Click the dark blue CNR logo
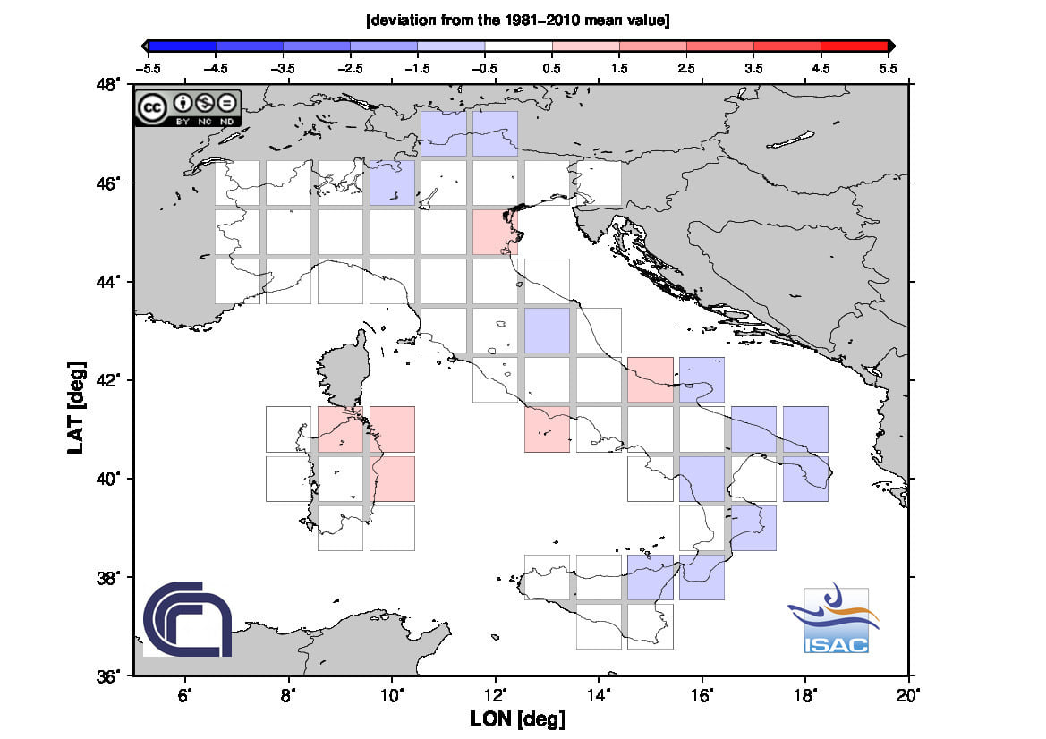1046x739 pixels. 187,618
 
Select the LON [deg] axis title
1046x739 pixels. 517,718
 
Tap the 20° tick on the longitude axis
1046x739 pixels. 908,692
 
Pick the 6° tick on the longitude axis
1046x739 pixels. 185,692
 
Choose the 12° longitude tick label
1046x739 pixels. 495,692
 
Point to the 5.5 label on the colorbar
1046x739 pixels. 887,66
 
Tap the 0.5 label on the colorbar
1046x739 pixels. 552,66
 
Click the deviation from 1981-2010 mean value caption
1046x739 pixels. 518,20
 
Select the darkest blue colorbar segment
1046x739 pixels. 183,46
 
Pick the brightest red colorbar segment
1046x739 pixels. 854,46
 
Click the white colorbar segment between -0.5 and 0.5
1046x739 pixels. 518,46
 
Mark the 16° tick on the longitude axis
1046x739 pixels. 702,692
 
